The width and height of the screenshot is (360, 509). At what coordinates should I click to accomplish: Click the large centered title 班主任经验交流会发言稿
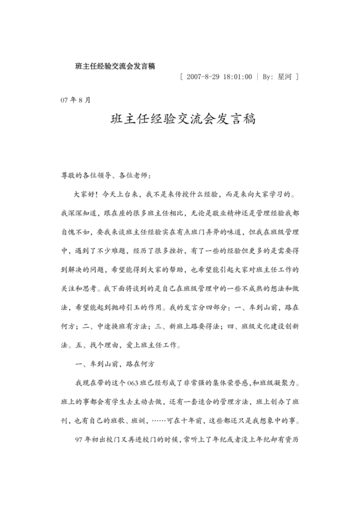pyautogui.click(x=179, y=120)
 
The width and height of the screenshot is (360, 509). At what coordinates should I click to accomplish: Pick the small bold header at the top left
pyautogui.click(x=114, y=65)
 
